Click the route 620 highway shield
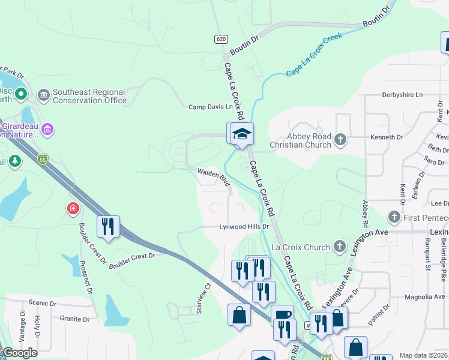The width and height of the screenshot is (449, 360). pyautogui.click(x=221, y=39)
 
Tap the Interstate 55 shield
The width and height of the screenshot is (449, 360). pyautogui.click(x=42, y=159)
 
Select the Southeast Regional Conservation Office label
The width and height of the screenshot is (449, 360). pyautogui.click(x=89, y=97)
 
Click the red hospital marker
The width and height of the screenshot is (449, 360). pyautogui.click(x=73, y=209)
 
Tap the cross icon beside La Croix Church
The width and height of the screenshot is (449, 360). pyautogui.click(x=340, y=247)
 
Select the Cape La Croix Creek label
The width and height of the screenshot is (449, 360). pyautogui.click(x=314, y=55)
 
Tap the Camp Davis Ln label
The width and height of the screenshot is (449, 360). pyautogui.click(x=210, y=107)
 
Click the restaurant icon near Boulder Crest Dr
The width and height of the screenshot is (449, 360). pyautogui.click(x=108, y=227)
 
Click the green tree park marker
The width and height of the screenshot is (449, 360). pyautogui.click(x=14, y=161)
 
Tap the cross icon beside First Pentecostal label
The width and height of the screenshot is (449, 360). pyautogui.click(x=394, y=216)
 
